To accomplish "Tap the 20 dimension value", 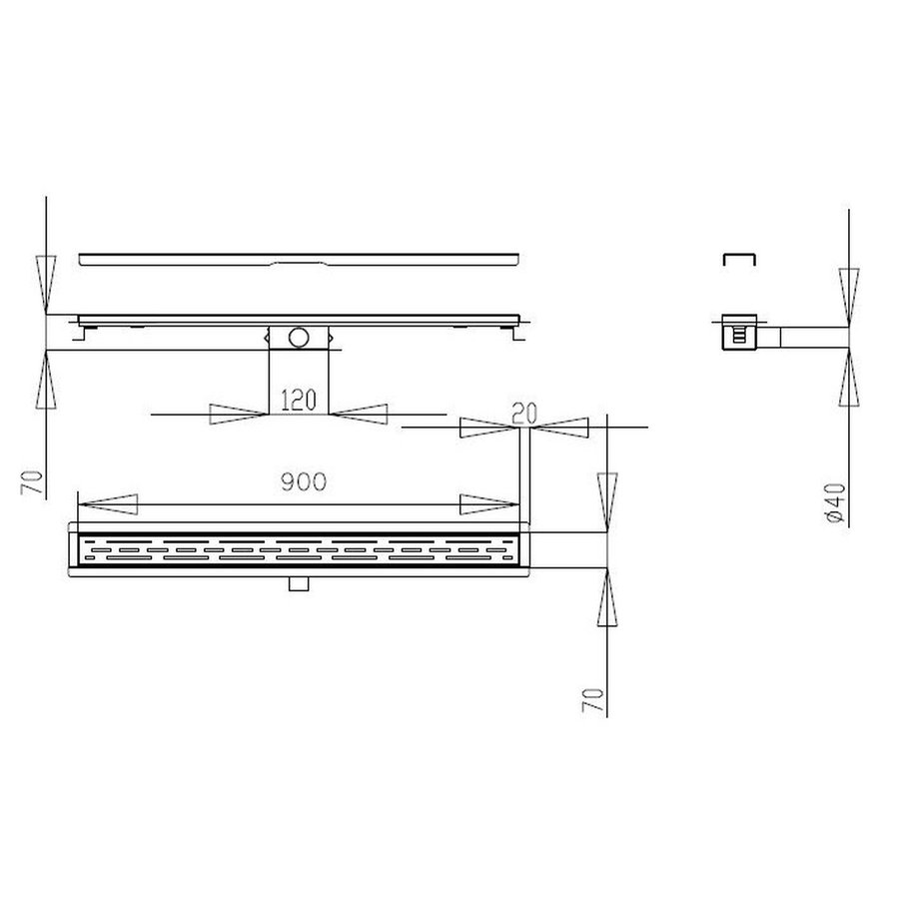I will (x=522, y=413).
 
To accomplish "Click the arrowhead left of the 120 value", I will (x=238, y=412).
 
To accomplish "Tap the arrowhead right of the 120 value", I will (x=359, y=412).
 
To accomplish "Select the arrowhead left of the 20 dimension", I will (x=487, y=428).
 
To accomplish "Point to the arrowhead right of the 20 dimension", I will (x=563, y=428).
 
